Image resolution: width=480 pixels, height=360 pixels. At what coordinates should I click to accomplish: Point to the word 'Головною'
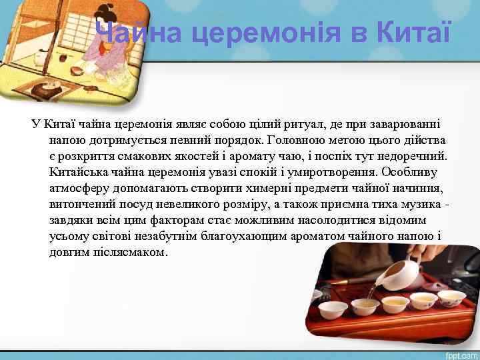[296, 141]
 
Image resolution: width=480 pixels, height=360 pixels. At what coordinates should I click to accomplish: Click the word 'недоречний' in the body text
[413, 157]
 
